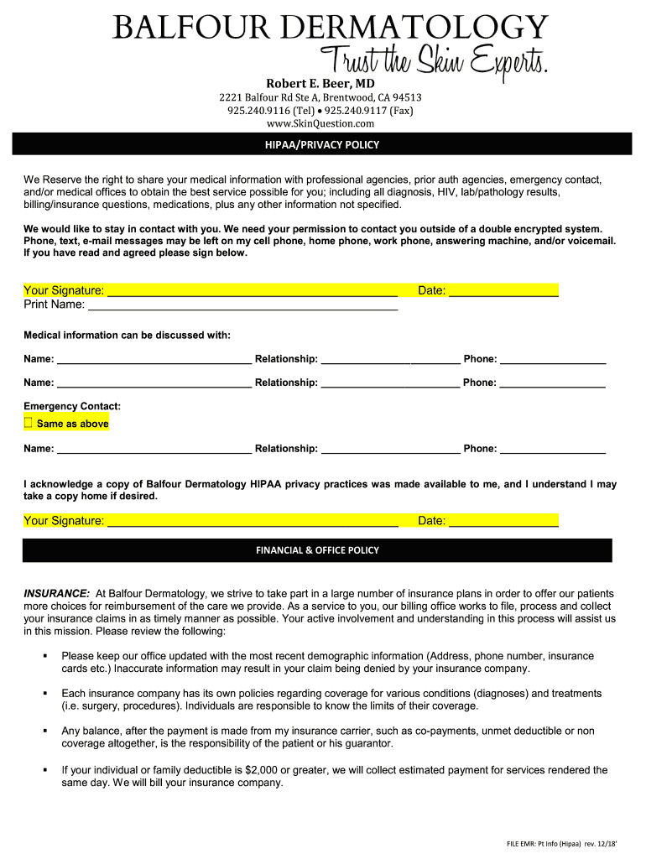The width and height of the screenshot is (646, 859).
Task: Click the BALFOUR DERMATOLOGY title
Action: tap(331, 29)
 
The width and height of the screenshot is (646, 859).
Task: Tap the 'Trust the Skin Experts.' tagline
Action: tap(435, 61)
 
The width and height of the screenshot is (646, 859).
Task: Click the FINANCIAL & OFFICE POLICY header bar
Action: tap(317, 550)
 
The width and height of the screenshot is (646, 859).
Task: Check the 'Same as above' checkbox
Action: tap(29, 423)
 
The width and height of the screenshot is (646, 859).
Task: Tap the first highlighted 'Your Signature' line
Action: tap(252, 291)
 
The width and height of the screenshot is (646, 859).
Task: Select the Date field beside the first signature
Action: tap(503, 291)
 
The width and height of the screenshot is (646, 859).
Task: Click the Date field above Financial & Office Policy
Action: tap(503, 521)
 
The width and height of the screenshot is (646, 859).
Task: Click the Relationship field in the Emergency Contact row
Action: tap(390, 449)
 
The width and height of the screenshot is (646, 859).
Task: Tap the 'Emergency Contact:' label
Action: tap(72, 406)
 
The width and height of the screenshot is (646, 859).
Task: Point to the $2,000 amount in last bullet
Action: tap(262, 770)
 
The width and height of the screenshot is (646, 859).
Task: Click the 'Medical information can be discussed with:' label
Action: tap(127, 336)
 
